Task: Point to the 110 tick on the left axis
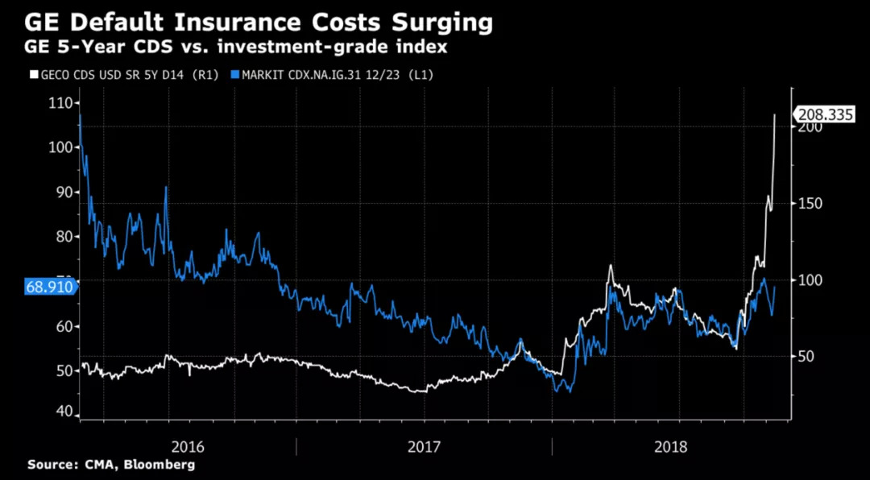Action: point(60,102)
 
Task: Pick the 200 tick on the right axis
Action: point(810,127)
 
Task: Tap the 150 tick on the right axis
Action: point(810,204)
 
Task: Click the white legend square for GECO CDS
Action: point(32,75)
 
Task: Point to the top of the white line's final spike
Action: point(774,114)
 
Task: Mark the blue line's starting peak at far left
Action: point(80,117)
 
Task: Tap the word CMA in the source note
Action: point(95,465)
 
